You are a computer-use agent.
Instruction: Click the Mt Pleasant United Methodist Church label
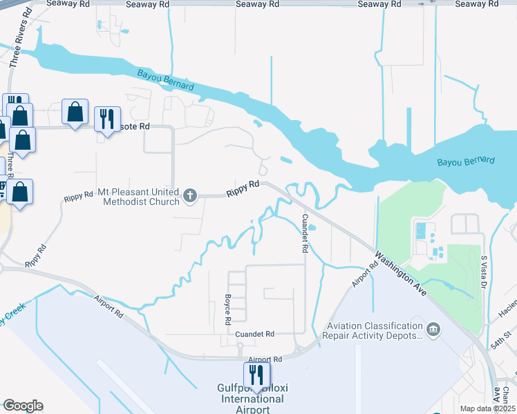(142, 197)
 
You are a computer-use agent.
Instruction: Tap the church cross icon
(190, 197)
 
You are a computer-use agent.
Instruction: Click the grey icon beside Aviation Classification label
(433, 330)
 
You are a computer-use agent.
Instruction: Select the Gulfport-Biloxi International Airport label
(252, 399)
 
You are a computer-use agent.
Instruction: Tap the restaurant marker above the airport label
(256, 374)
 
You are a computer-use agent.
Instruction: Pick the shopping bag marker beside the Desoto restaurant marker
(75, 111)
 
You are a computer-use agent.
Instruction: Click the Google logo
(22, 406)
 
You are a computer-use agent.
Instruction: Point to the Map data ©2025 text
(487, 408)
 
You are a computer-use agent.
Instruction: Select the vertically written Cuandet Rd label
(304, 233)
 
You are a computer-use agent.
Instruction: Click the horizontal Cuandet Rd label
(255, 334)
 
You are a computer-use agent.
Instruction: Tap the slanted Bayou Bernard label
(165, 79)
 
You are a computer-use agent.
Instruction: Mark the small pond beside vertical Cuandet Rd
(312, 227)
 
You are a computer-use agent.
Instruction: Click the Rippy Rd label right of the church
(244, 185)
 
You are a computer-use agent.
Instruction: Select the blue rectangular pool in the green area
(421, 230)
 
